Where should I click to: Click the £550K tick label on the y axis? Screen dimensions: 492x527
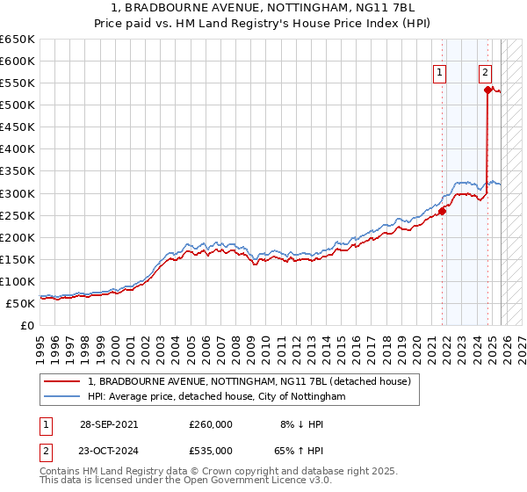18,83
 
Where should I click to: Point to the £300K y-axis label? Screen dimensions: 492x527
18,193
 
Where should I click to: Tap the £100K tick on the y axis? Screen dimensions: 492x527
18,281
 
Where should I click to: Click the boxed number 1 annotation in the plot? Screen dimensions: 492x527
438,74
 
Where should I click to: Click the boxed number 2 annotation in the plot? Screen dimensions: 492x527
485,74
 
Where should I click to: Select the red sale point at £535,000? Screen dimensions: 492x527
487,90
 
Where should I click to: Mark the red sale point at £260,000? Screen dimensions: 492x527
443,211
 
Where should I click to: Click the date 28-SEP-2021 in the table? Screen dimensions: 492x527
108,423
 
